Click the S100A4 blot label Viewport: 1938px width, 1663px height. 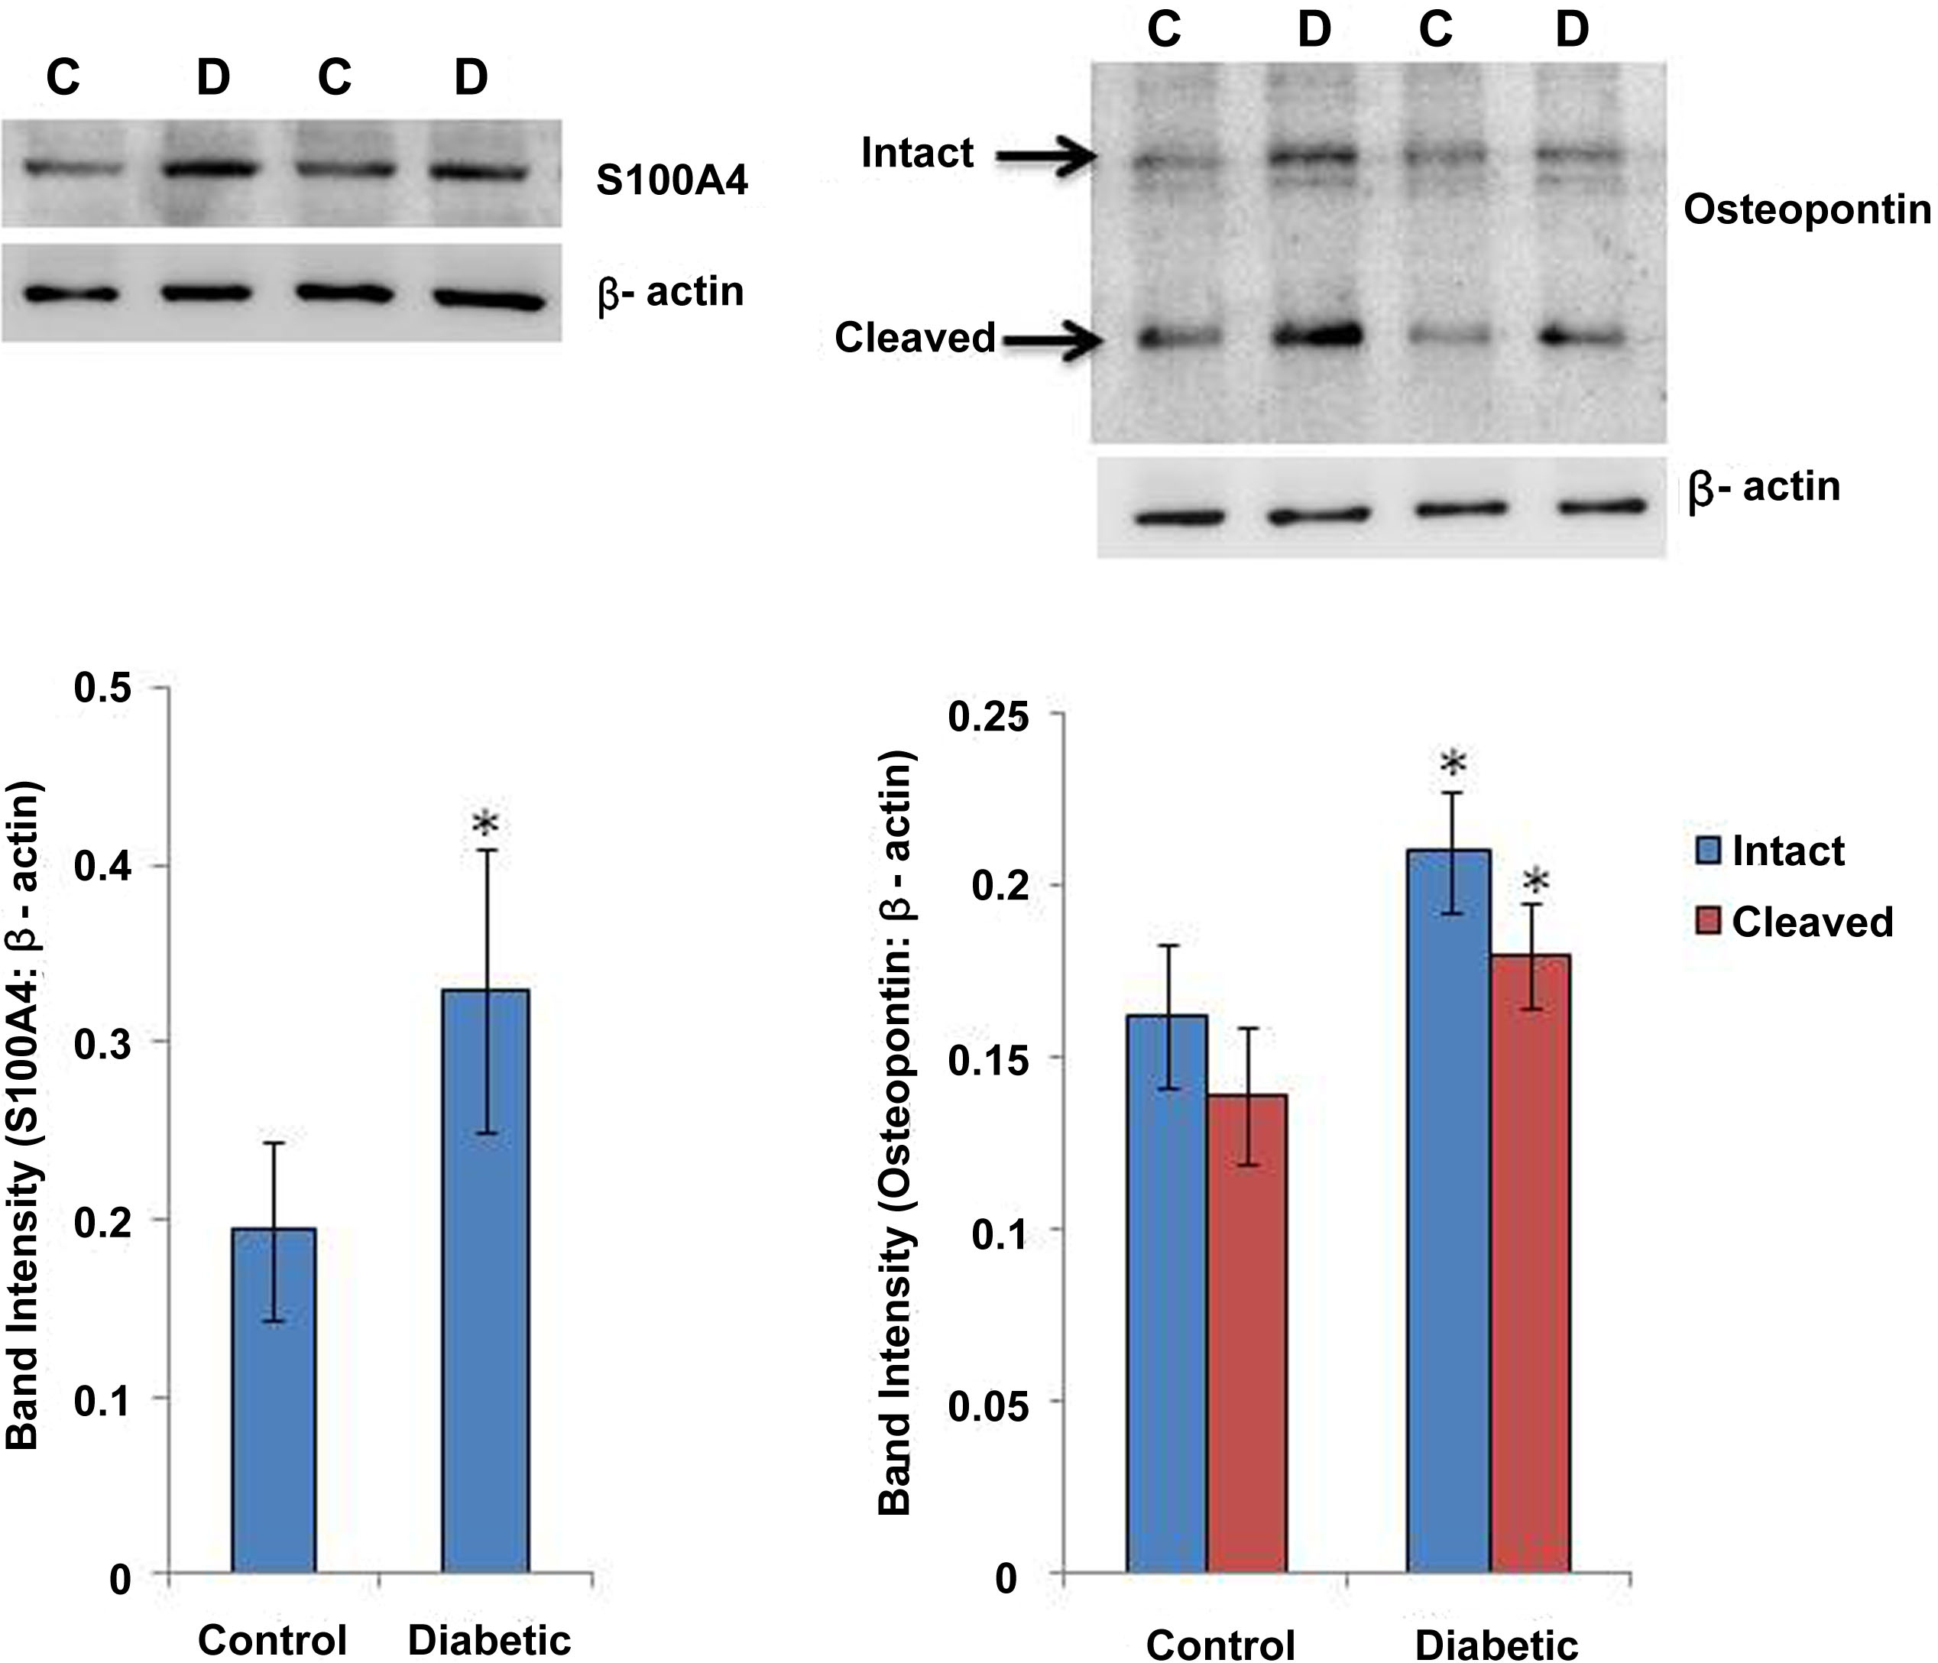pos(672,180)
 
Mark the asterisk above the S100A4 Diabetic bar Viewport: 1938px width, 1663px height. pos(484,824)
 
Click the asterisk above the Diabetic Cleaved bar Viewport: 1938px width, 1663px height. pos(1535,881)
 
